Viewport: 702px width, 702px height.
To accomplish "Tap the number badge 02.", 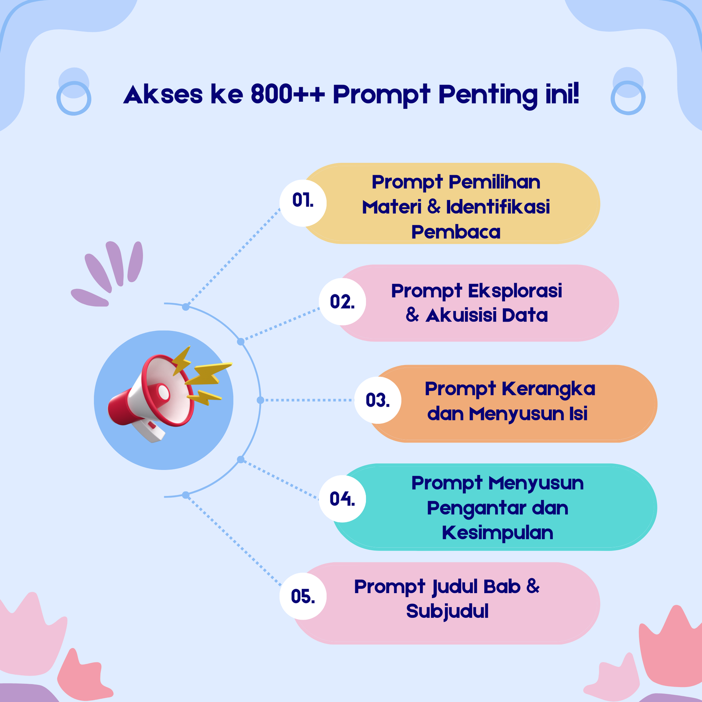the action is [343, 302].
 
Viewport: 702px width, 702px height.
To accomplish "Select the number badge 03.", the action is [378, 400].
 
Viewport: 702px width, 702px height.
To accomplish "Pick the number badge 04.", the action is [343, 499].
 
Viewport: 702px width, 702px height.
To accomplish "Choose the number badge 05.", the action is [303, 596].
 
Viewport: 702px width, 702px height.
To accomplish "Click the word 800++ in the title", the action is [288, 94].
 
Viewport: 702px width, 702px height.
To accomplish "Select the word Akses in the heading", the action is [163, 95].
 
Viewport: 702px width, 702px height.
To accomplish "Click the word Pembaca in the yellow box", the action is [456, 232].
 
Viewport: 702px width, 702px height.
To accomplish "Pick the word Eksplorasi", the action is [515, 291].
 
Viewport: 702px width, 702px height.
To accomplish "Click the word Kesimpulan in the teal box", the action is [498, 533].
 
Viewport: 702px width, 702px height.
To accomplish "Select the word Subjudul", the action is [448, 612].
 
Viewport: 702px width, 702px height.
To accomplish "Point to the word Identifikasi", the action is [498, 207].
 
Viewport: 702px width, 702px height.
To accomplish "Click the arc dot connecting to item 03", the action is [260, 400].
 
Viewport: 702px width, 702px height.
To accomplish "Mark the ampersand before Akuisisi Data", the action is [412, 315].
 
